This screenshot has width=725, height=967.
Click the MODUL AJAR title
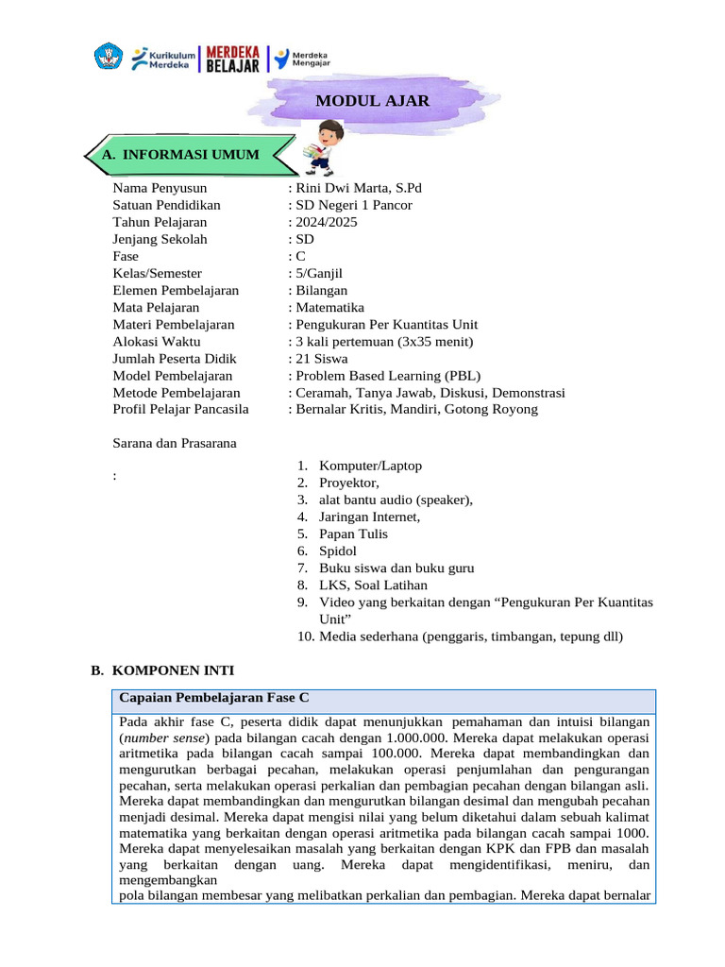372,101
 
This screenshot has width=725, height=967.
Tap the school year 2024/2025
327,222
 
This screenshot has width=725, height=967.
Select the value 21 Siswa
321,358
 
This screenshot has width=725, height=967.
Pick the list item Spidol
339,551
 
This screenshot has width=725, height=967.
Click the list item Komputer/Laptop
370,466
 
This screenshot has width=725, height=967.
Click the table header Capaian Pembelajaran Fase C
214,698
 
